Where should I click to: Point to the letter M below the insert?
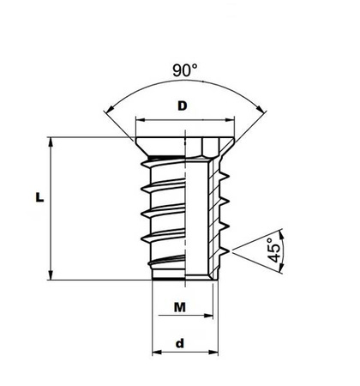coord(180,307)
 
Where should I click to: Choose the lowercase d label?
coord(180,343)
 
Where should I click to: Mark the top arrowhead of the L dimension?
coord(53,140)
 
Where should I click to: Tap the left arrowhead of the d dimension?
coord(154,353)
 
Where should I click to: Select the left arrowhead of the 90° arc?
coord(106,109)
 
